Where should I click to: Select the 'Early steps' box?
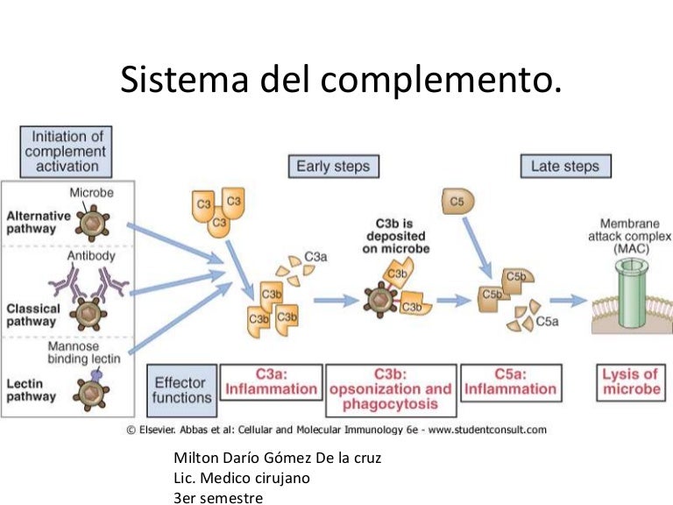point(332,166)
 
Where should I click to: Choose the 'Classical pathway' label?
point(33,315)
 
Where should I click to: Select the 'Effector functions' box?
point(182,390)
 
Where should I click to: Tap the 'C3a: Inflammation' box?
point(270,381)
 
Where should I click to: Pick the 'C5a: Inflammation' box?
point(510,381)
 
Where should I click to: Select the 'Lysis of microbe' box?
point(630,381)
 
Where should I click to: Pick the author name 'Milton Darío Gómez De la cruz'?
point(278,459)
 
